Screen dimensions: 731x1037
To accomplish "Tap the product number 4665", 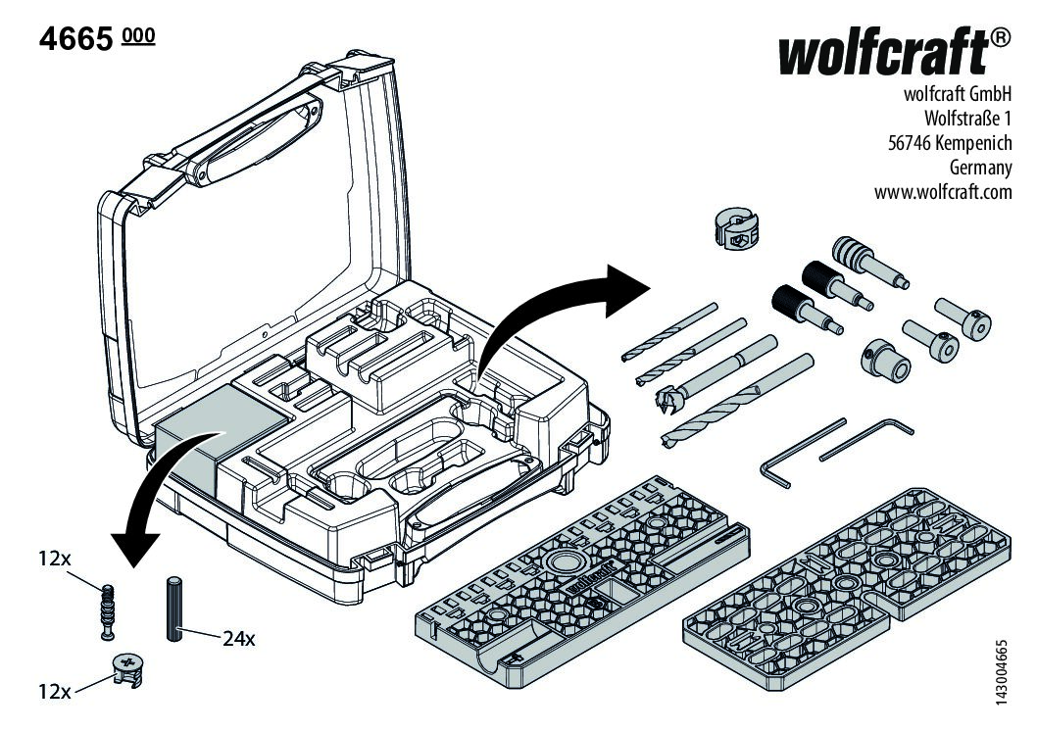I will tap(74, 40).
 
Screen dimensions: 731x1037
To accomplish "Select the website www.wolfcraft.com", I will tap(942, 191).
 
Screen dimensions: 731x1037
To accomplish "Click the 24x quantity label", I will tap(238, 639).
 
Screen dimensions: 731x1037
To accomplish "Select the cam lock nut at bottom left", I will tap(127, 670).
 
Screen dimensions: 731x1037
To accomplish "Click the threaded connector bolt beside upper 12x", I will tap(111, 609).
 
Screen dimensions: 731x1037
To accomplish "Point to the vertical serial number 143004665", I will tap(1000, 668).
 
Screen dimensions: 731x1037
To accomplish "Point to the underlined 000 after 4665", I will tap(138, 37).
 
